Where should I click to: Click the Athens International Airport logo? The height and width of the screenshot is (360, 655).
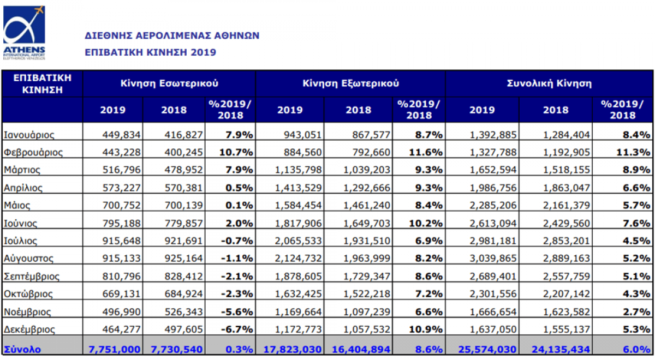25,33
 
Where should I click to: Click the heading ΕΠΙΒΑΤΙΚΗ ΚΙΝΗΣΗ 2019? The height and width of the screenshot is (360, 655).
151,52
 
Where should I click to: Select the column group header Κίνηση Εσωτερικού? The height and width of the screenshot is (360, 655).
169,83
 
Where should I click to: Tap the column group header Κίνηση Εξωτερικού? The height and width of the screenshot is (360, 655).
350,83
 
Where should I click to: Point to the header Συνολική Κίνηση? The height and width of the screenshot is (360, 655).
549,83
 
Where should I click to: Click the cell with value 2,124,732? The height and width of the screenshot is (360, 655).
297,259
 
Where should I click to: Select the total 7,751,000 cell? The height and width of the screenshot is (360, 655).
114,348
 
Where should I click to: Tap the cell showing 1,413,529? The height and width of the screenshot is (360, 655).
297,188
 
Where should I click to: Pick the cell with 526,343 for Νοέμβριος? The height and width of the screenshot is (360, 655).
178,312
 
